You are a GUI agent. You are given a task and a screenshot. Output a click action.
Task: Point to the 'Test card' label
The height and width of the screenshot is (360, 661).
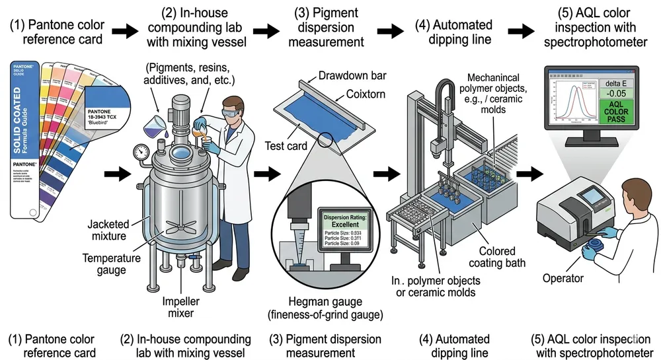288,145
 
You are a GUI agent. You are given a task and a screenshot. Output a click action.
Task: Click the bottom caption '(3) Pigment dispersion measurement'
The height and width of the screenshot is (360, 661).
334,345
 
